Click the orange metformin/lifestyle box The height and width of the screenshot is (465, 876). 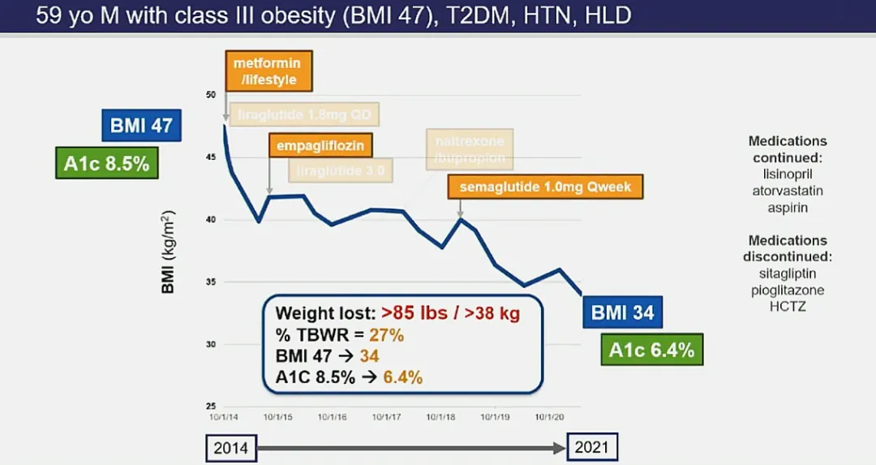point(268,71)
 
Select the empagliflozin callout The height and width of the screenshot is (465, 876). point(320,146)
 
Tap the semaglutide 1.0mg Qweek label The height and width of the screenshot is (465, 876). point(545,187)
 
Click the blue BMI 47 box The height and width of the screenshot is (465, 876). point(141,126)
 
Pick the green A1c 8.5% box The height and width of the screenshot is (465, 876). point(106,162)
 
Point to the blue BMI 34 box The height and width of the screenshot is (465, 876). point(622,312)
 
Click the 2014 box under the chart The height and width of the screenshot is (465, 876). point(231,447)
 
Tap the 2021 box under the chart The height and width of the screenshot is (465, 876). point(591,447)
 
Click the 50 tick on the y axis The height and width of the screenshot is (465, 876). point(211,95)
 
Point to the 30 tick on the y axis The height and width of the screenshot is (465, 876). point(211,344)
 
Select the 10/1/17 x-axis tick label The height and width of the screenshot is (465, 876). point(388,417)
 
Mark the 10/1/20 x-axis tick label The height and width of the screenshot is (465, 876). point(551,417)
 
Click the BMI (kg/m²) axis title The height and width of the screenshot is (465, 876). point(169,252)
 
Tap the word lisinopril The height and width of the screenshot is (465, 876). point(788,174)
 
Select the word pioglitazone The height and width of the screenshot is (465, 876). point(788,290)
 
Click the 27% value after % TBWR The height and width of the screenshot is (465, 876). point(387,335)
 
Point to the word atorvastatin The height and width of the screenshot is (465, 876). point(788,192)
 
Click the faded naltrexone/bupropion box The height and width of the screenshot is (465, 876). point(470,149)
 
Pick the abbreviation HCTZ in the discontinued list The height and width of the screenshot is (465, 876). point(788,307)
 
